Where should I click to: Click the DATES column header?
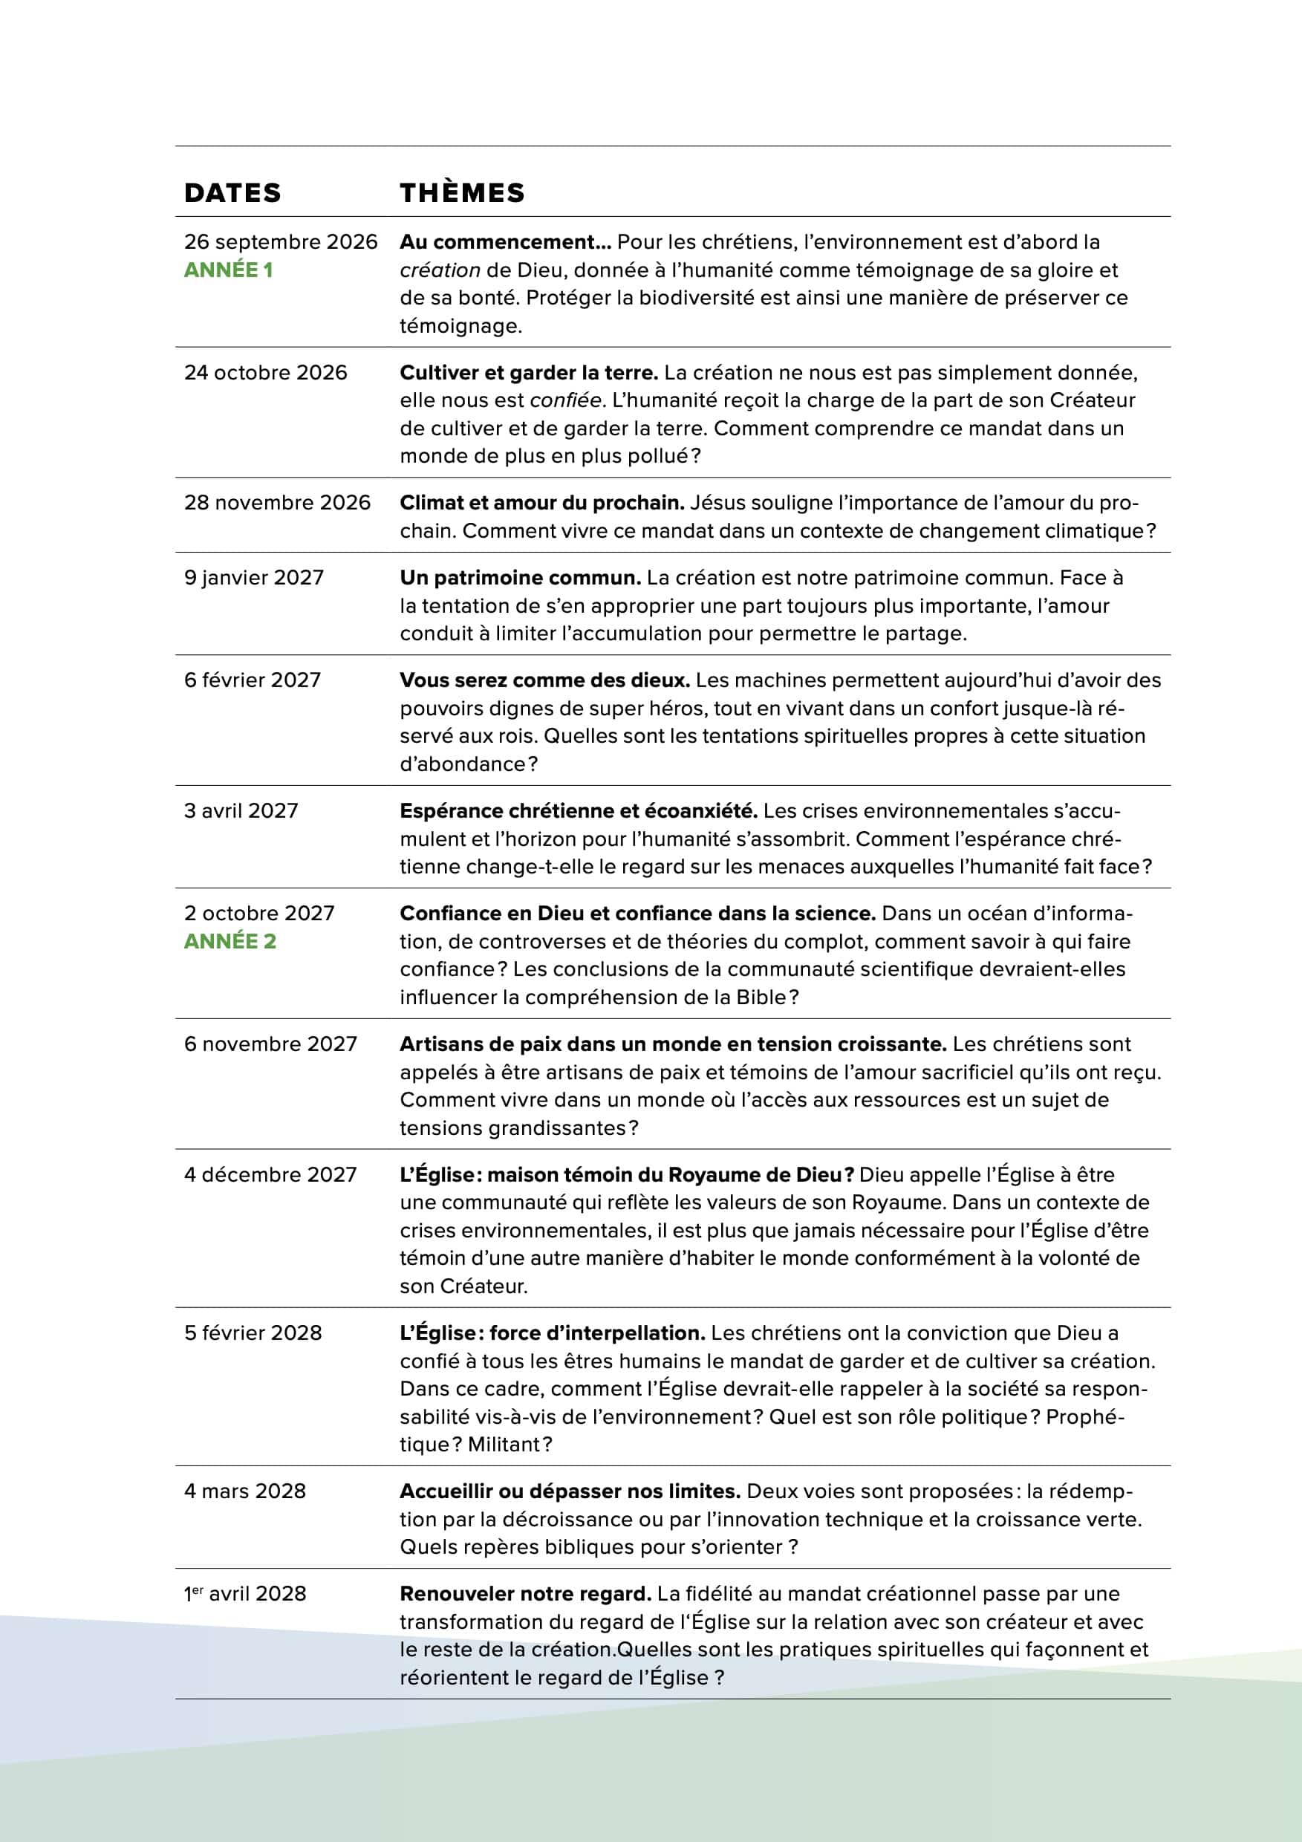(232, 192)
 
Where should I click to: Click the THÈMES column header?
(462, 192)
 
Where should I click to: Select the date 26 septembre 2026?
(281, 242)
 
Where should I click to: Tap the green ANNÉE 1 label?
(229, 270)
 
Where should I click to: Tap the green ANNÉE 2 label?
(230, 941)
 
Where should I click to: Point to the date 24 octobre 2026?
(266, 372)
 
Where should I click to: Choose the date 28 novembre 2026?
(278, 503)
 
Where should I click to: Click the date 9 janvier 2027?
(254, 578)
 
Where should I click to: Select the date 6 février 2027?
(253, 680)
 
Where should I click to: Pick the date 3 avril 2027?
(241, 811)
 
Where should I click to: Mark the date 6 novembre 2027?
(270, 1044)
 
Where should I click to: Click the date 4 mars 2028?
(246, 1491)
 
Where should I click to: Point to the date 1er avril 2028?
(246, 1594)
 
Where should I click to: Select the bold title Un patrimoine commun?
(520, 578)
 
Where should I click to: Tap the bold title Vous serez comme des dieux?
(544, 680)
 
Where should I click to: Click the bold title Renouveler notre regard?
(525, 1594)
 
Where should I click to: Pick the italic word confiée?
(565, 400)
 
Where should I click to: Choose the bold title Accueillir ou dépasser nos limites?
(570, 1491)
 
